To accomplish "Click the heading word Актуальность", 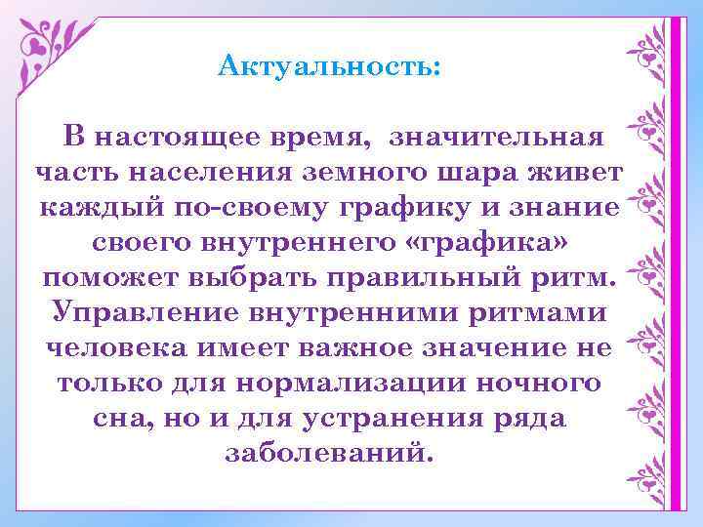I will (x=329, y=66).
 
